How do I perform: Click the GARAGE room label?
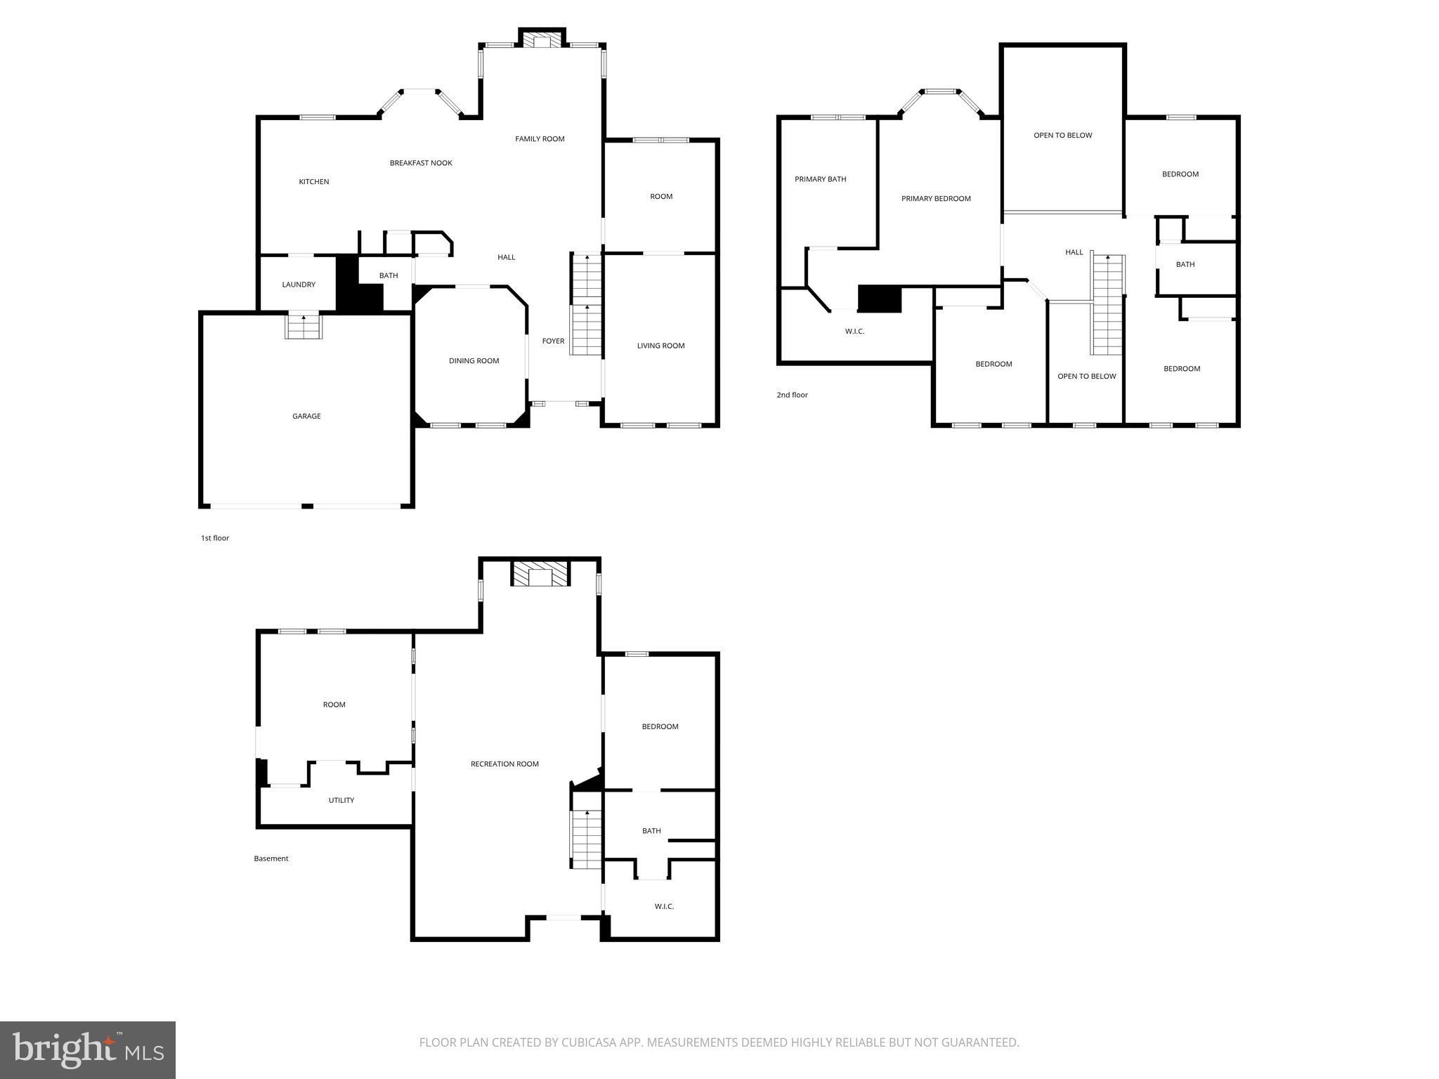point(306,417)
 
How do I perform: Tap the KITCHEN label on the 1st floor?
point(314,182)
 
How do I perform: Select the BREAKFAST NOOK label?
point(421,163)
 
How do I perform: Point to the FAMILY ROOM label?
point(540,139)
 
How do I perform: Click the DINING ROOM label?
point(474,361)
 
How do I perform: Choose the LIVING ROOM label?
point(660,346)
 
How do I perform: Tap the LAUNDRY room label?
point(299,285)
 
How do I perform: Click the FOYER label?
point(553,341)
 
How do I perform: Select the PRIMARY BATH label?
point(820,179)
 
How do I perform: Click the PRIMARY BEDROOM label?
point(936,199)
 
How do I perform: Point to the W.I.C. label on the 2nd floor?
point(854,332)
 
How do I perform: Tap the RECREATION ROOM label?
point(504,764)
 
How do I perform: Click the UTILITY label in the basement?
point(341,801)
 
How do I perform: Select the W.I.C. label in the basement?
point(664,907)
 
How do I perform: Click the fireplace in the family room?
point(542,41)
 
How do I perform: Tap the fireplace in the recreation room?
point(540,575)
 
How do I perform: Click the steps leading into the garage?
point(304,327)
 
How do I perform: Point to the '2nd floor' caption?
point(792,395)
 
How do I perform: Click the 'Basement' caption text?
point(271,858)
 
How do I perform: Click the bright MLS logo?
point(88,1050)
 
